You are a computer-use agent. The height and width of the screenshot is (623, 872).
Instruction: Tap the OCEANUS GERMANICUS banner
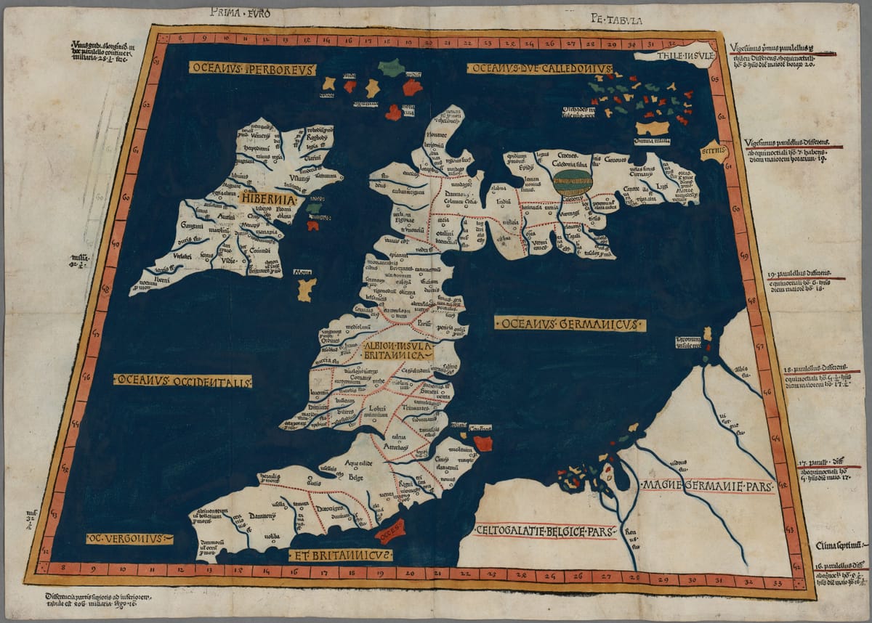click(570, 324)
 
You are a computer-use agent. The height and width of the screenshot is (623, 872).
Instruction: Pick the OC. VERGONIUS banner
click(129, 539)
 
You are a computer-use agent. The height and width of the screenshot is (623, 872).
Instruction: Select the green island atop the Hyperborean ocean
click(391, 68)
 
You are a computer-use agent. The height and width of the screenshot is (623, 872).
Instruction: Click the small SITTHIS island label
click(713, 152)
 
